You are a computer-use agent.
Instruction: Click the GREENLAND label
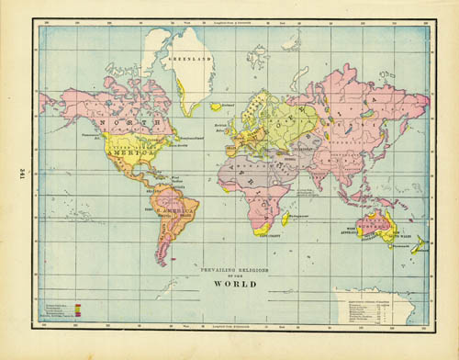point(190,58)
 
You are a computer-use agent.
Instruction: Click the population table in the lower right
point(374,307)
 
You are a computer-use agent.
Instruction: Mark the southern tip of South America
point(160,262)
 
